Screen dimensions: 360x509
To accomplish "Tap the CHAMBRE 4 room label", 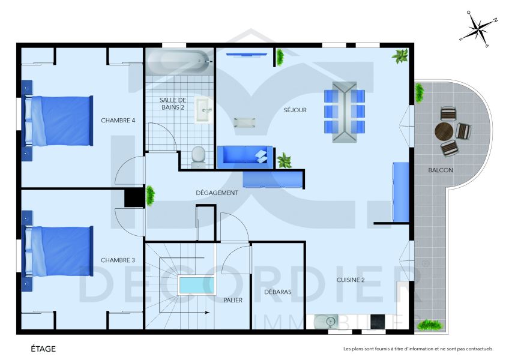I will click(x=118, y=121).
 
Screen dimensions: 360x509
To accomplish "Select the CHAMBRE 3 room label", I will click(x=118, y=260).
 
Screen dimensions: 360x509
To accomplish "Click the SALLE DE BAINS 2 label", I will click(x=172, y=103).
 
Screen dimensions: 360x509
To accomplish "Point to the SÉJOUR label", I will click(x=295, y=110).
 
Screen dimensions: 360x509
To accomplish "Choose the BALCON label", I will click(x=440, y=170).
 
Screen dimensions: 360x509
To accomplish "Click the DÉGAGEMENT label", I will click(x=217, y=193).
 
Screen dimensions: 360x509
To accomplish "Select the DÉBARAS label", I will click(x=278, y=292).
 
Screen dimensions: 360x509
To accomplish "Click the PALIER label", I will click(x=233, y=300).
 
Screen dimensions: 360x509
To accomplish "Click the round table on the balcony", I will click(x=445, y=131).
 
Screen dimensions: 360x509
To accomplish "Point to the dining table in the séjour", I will click(x=345, y=112).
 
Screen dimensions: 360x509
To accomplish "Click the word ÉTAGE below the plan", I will click(x=44, y=349).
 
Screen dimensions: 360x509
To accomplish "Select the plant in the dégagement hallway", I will click(x=150, y=194).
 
